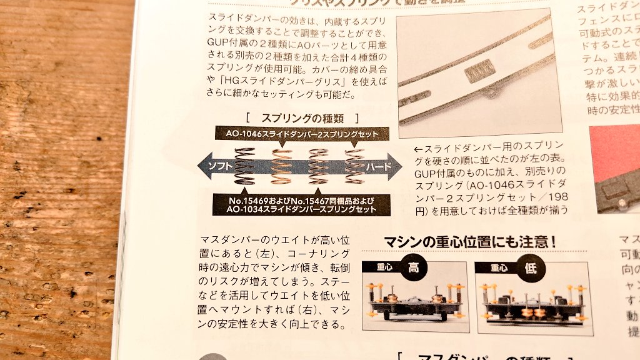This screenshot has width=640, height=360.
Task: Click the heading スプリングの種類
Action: coord(302,117)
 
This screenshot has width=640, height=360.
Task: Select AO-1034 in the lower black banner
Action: coord(248,210)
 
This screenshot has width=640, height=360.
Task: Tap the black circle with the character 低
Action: coord(526,269)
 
